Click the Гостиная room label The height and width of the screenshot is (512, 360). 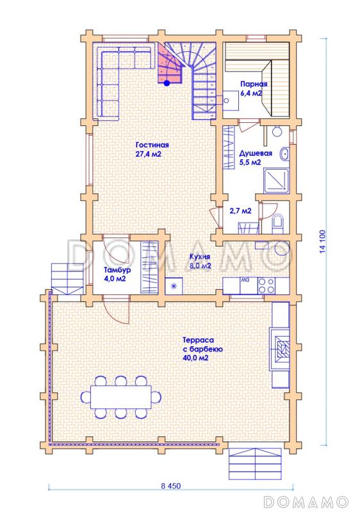click(x=152, y=145)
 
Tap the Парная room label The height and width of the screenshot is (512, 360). click(x=254, y=84)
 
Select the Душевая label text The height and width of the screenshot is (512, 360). click(x=256, y=154)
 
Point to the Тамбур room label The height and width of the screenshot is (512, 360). click(x=118, y=270)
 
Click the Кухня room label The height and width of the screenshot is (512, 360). click(x=200, y=257)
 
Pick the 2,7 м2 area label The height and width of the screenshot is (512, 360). click(x=240, y=211)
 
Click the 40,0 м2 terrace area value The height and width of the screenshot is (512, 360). click(x=195, y=358)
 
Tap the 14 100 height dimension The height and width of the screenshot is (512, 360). click(x=323, y=242)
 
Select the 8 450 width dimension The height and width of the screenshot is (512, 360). click(x=170, y=486)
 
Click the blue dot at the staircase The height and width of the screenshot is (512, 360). click(x=167, y=83)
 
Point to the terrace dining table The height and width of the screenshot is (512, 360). click(x=121, y=397)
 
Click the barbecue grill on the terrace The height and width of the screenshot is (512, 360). click(x=280, y=349)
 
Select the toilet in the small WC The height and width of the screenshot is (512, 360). click(x=279, y=222)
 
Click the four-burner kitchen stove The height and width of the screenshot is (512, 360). click(x=266, y=285)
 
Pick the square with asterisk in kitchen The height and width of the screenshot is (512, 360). click(x=174, y=286)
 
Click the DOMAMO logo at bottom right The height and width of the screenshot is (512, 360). click(x=306, y=502)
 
